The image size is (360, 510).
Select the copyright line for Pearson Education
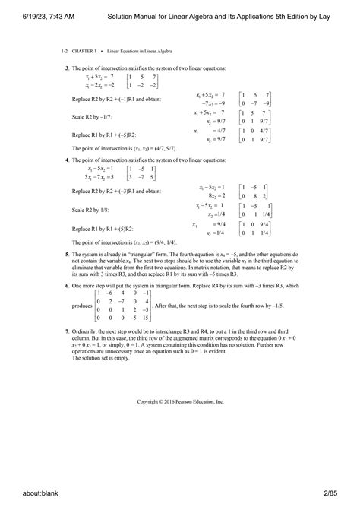tap(180, 401)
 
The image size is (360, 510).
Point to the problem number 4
tap(67, 160)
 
